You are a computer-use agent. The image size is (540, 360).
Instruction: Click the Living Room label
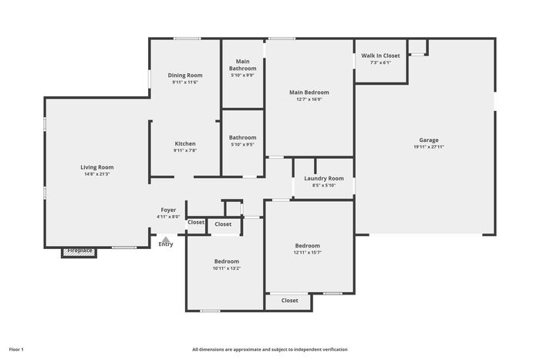click(97, 167)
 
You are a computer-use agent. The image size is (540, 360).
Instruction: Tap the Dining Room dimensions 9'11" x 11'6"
click(185, 82)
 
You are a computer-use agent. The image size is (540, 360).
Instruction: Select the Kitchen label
click(185, 143)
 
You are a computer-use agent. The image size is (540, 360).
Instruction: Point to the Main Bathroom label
click(243, 65)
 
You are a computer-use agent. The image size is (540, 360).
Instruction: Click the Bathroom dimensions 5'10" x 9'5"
click(243, 145)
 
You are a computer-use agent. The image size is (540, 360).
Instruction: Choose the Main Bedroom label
click(309, 93)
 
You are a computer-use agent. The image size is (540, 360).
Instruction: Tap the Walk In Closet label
click(380, 56)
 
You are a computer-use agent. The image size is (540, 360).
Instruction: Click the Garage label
click(429, 140)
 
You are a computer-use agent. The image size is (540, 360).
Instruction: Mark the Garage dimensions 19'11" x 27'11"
click(429, 146)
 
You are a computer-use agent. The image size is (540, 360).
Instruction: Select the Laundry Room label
click(324, 179)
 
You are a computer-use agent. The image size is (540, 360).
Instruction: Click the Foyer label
click(168, 210)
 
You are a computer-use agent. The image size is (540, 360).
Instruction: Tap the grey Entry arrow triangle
click(166, 239)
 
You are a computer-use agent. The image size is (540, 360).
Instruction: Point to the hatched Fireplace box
click(79, 252)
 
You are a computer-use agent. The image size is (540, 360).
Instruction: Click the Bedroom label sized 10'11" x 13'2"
click(227, 261)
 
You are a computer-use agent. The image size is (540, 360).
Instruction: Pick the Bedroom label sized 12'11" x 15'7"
click(308, 246)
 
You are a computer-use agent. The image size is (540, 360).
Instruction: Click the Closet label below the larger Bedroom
click(289, 301)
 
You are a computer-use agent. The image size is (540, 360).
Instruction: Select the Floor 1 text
click(16, 349)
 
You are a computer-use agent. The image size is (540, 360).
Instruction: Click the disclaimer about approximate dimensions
click(270, 349)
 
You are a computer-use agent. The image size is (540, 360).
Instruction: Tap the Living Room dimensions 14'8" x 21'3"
click(97, 174)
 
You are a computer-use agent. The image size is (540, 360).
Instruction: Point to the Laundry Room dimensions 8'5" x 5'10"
click(324, 186)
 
